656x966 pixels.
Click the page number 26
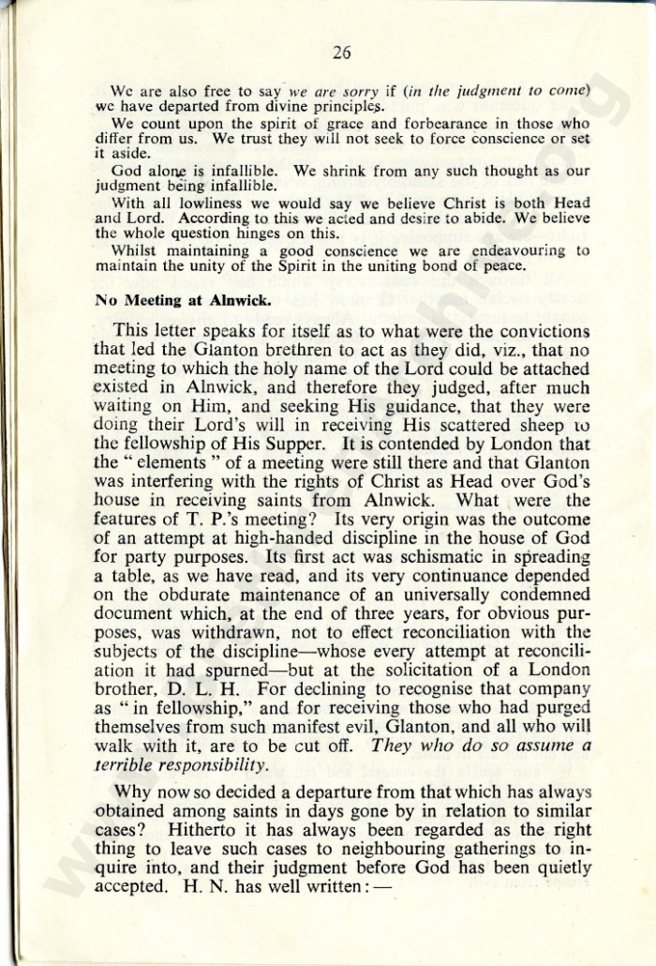341,53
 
